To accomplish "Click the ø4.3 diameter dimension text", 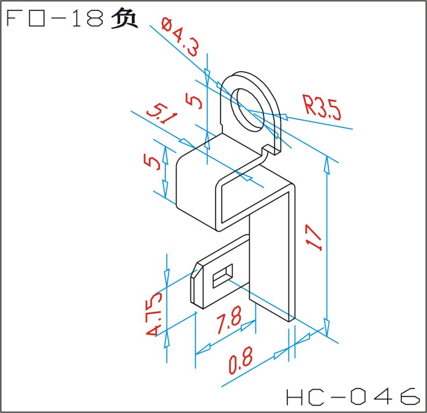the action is tap(180, 37).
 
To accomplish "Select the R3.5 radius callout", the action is tap(322, 107).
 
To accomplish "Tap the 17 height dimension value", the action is tap(314, 237).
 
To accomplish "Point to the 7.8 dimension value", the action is tap(229, 320).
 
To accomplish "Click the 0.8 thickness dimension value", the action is tap(241, 360).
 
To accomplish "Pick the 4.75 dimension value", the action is tap(154, 314).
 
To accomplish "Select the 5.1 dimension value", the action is tap(162, 113).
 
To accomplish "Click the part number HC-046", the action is tap(353, 396).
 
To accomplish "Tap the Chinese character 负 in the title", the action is tap(124, 18).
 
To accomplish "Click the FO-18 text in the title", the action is tap(55, 18).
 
